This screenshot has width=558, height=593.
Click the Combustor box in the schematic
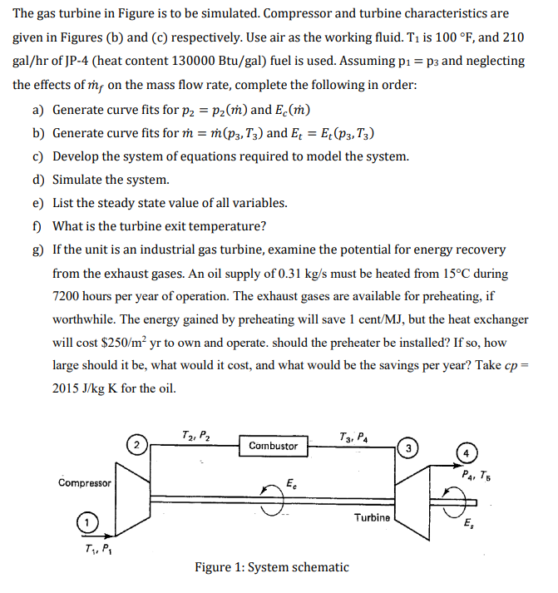(273, 446)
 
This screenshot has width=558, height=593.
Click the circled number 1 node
(84, 523)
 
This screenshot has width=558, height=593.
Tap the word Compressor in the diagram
(85, 482)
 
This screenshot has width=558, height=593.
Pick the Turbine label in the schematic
(371, 517)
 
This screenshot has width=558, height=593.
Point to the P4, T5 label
(476, 477)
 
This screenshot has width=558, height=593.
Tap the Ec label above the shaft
(289, 482)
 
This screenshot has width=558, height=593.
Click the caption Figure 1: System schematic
(272, 567)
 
